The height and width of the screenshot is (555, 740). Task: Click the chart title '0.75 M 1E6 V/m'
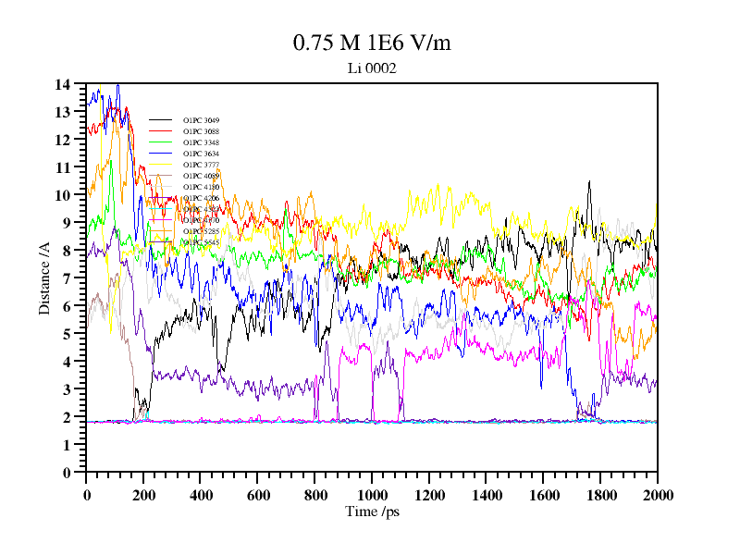click(x=371, y=43)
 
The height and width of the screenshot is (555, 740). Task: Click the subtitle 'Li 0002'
click(x=371, y=68)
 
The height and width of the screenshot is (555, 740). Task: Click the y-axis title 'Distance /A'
click(x=44, y=277)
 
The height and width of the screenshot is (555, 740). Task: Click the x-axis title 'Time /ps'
click(x=371, y=511)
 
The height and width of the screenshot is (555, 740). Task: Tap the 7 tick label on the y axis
click(x=66, y=278)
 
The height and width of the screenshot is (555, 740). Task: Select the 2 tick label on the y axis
click(x=66, y=417)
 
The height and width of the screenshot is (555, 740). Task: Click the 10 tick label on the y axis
click(x=63, y=195)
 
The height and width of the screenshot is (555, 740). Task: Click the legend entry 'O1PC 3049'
click(x=201, y=120)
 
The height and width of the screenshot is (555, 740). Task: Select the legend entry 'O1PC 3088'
click(x=201, y=131)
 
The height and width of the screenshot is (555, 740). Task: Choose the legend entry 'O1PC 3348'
click(x=201, y=142)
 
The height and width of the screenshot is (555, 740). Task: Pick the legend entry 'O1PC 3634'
click(x=201, y=154)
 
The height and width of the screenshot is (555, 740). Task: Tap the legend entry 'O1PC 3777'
click(x=201, y=165)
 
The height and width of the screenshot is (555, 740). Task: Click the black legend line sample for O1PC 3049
click(x=161, y=120)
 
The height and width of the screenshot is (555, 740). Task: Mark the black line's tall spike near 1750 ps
click(x=588, y=183)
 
